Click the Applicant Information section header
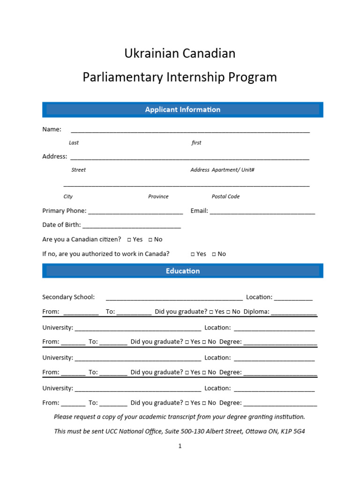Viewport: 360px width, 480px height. tap(182, 110)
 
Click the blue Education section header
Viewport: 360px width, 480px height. tap(182, 271)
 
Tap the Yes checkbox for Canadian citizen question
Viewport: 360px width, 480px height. tap(129, 240)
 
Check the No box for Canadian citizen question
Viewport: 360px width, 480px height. tap(150, 240)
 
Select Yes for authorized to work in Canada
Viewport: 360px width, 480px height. tap(193, 254)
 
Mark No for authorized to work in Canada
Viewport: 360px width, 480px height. tap(214, 254)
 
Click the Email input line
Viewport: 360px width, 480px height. tap(262, 212)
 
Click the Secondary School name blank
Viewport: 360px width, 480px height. tap(174, 298)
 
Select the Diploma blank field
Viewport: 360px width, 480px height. tap(293, 312)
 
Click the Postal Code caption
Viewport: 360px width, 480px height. tap(225, 197)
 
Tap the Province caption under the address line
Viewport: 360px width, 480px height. tap(158, 197)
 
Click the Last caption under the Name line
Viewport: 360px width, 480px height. tap(74, 143)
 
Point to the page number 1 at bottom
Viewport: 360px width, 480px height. tap(180, 446)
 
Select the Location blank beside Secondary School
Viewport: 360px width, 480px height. tap(293, 298)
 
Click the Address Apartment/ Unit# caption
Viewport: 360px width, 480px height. tap(222, 170)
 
